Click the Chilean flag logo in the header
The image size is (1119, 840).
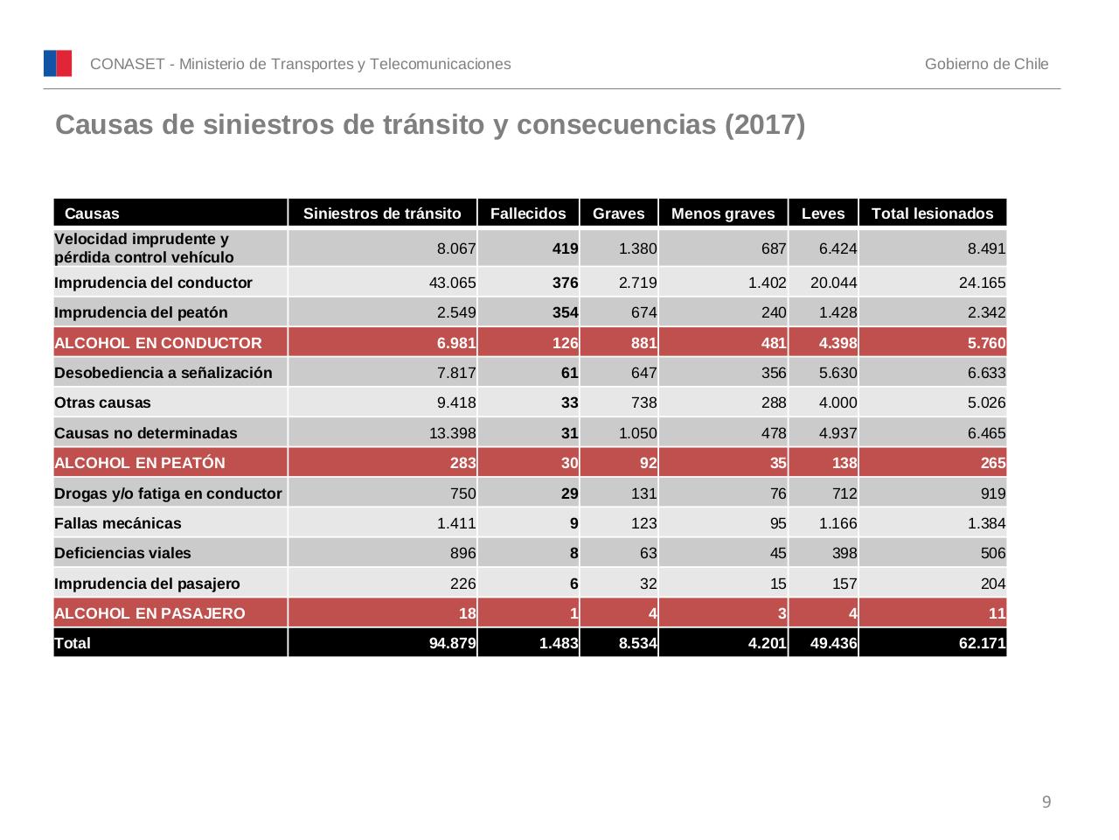(58, 64)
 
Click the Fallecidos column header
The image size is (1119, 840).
(528, 213)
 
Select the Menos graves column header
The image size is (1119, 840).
(723, 213)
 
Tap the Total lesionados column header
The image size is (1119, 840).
(932, 213)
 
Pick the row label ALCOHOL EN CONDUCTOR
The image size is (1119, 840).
(158, 343)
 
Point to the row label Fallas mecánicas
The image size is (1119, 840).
(118, 523)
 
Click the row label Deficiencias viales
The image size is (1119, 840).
(122, 553)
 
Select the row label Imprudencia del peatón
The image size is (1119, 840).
(141, 312)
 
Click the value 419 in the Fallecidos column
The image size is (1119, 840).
(565, 248)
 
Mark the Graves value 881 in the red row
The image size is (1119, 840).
(643, 343)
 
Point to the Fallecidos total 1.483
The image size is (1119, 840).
(559, 644)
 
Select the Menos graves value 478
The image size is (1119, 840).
(773, 433)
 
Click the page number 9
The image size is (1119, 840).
(1046, 802)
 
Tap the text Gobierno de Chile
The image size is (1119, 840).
(986, 64)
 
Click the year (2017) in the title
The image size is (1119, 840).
(764, 125)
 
